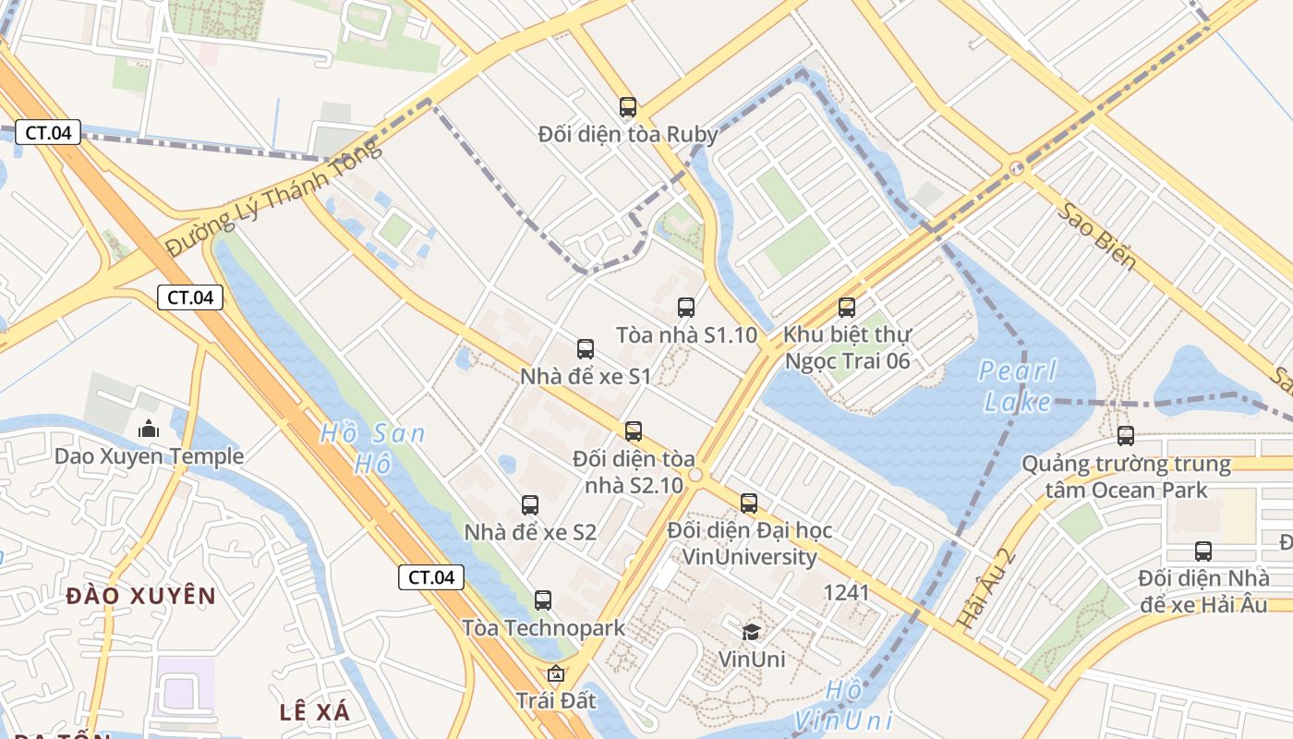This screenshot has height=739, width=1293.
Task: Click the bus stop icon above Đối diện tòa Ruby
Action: pyautogui.click(x=628, y=107)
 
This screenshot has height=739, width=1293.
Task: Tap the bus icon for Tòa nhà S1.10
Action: pyautogui.click(x=685, y=308)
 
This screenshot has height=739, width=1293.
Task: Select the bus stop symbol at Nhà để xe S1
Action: pyautogui.click(x=586, y=349)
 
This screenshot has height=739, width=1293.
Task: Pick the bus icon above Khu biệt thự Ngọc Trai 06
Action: pyautogui.click(x=847, y=308)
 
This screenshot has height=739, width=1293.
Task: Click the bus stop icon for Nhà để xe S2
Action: pyautogui.click(x=530, y=505)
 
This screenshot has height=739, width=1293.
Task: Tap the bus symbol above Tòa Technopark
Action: pyautogui.click(x=543, y=600)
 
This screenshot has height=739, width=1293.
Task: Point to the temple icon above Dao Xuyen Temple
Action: pyautogui.click(x=148, y=429)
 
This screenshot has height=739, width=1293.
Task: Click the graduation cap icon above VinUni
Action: pyautogui.click(x=752, y=632)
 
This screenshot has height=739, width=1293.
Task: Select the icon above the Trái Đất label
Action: pyautogui.click(x=555, y=673)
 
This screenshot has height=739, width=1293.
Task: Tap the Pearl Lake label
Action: pyautogui.click(x=1018, y=386)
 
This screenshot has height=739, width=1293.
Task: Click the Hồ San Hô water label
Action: pyautogui.click(x=372, y=447)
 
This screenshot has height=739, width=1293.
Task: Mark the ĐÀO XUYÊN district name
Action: pyautogui.click(x=140, y=596)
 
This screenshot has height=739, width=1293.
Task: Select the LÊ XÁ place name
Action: pyautogui.click(x=315, y=711)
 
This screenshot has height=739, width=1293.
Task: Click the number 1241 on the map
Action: pyautogui.click(x=846, y=592)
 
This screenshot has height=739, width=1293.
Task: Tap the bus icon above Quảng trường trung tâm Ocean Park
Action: pyautogui.click(x=1126, y=436)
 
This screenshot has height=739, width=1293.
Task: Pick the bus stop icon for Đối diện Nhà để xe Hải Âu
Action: pyautogui.click(x=1203, y=551)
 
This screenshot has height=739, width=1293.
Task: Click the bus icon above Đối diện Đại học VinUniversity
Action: pyautogui.click(x=749, y=503)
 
